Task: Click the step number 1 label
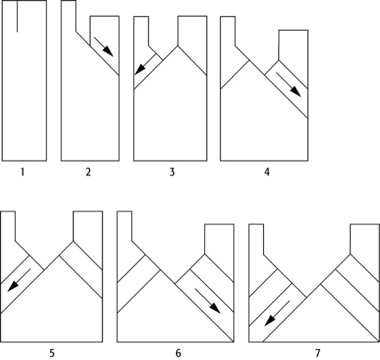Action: (x=22, y=173)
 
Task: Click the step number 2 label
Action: (x=88, y=173)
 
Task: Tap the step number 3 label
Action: (x=172, y=173)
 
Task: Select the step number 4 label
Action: (x=267, y=173)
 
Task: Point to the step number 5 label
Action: (x=52, y=353)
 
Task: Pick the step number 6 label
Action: (x=178, y=353)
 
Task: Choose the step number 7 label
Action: (x=318, y=353)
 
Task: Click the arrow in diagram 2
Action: (x=103, y=47)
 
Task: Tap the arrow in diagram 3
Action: (x=145, y=64)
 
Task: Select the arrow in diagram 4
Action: (x=288, y=85)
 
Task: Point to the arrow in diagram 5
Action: (x=19, y=280)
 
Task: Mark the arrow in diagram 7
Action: (x=277, y=313)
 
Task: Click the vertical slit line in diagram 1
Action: (x=17, y=16)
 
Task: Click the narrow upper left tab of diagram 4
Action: (x=228, y=31)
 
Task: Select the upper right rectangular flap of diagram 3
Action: (x=192, y=31)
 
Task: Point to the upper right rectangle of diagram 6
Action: (x=219, y=239)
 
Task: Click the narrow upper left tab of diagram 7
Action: (x=256, y=239)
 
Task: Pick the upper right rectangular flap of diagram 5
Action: (x=88, y=226)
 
